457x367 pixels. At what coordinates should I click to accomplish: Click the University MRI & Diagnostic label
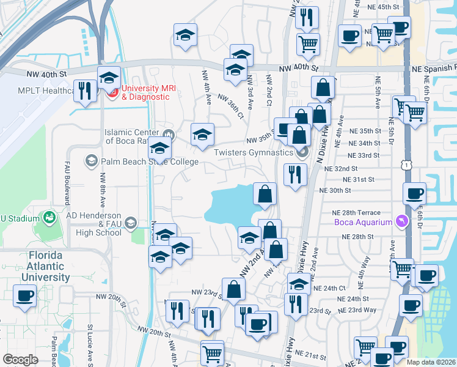point(148,92)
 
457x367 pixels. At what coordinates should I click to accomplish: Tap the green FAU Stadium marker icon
point(48,217)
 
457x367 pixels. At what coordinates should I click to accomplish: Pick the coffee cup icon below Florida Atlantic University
point(25,296)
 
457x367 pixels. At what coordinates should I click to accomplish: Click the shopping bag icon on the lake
point(264,194)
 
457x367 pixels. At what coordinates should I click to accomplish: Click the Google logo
point(21,360)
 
